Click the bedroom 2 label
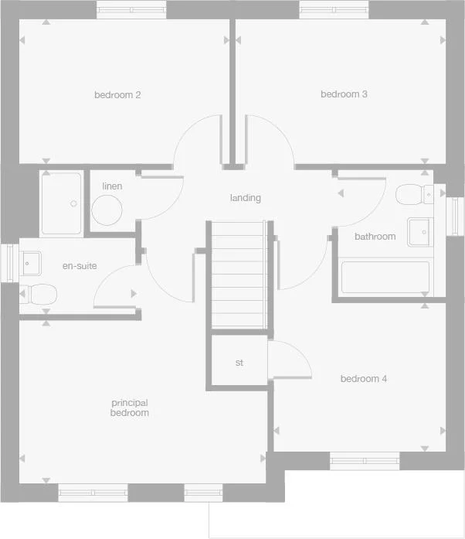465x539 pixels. click(x=117, y=95)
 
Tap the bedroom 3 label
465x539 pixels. click(x=344, y=94)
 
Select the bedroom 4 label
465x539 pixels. click(x=364, y=379)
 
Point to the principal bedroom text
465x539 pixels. click(x=130, y=408)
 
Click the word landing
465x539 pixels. click(x=246, y=198)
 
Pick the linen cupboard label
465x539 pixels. click(x=112, y=186)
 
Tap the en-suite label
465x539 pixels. click(x=80, y=266)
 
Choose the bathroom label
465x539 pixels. click(x=375, y=237)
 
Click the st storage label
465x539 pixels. click(x=239, y=362)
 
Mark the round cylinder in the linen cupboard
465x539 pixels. click(x=107, y=210)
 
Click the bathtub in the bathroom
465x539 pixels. click(x=385, y=278)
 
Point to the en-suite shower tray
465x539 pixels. click(x=61, y=203)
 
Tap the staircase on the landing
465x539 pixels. click(x=239, y=275)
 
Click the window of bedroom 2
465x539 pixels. click(x=131, y=10)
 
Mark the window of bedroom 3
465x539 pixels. click(x=334, y=10)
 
